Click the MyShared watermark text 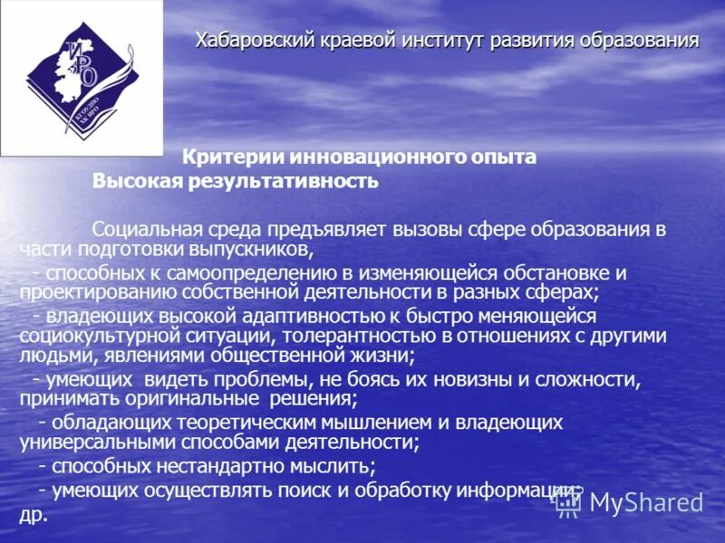645,503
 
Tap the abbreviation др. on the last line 32,513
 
